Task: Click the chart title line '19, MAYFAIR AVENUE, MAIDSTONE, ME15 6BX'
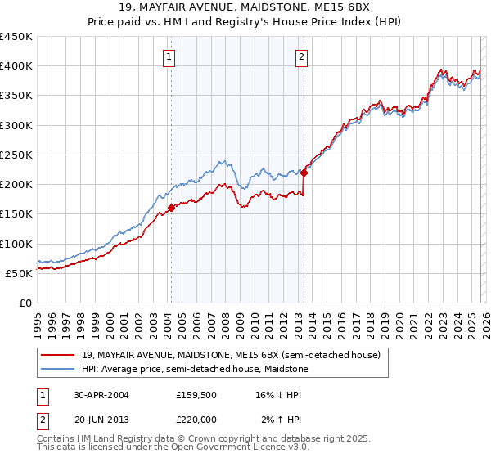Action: [x=245, y=8]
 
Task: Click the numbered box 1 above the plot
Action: [x=169, y=56]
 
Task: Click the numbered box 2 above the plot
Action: [x=302, y=56]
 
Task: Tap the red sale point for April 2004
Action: [x=171, y=208]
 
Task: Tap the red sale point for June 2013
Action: [x=304, y=173]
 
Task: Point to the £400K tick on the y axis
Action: [x=16, y=66]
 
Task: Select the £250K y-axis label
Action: [x=16, y=155]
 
